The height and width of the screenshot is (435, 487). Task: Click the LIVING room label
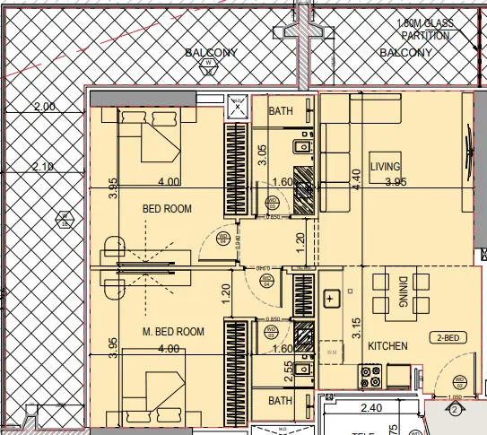coord(385,167)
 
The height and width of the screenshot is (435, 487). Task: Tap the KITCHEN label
coord(387,345)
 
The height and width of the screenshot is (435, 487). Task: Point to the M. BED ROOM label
coord(173,332)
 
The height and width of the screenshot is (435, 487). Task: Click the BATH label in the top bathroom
coord(281,111)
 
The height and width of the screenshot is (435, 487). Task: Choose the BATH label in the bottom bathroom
coord(281,401)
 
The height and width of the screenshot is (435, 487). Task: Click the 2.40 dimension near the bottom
coord(370,409)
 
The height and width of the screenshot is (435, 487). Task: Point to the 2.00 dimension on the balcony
coord(44,106)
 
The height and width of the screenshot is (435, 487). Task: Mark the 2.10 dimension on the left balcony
coord(44,166)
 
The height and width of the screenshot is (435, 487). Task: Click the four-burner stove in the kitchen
coord(371,375)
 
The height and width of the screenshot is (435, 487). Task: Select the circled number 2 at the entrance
coord(454,411)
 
